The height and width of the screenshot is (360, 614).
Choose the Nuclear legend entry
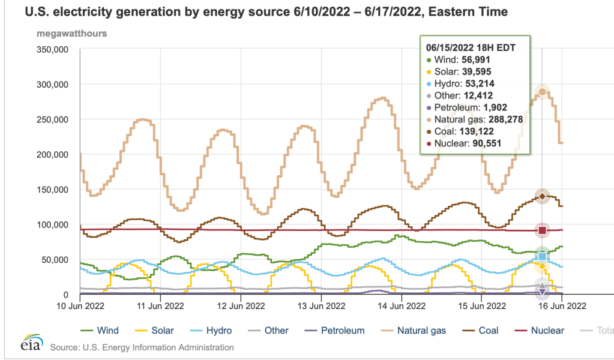[x=540, y=330]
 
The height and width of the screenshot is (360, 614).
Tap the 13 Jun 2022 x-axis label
[x=321, y=305]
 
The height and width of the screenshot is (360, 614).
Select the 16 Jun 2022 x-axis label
[x=562, y=305]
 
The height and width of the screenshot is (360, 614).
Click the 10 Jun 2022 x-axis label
[x=80, y=305]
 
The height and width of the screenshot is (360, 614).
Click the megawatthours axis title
[x=72, y=34]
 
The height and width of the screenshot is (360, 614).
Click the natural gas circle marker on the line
[x=543, y=92]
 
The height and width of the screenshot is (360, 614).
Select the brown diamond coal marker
[x=543, y=196]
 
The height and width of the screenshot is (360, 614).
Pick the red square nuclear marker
[x=543, y=230]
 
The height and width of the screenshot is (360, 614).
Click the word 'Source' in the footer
[x=65, y=347]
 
